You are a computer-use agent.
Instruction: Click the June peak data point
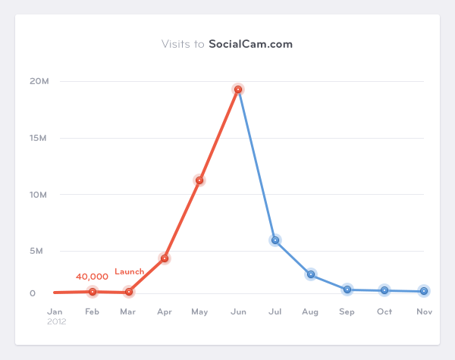(x=238, y=89)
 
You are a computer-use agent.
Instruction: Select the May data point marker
(x=199, y=180)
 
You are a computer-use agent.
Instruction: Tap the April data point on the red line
(x=164, y=258)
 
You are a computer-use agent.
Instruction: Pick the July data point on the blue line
(x=275, y=240)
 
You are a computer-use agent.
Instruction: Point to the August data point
(x=311, y=274)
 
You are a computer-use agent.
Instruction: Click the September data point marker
(x=347, y=290)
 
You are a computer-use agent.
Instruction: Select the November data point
(x=423, y=291)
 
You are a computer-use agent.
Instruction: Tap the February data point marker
(x=93, y=292)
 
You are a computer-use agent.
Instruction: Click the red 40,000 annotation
(x=92, y=277)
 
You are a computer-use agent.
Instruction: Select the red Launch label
(x=129, y=271)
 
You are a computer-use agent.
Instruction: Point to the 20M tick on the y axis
(x=39, y=81)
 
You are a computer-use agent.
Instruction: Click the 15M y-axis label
(x=39, y=138)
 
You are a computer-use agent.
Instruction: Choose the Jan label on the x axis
(x=55, y=311)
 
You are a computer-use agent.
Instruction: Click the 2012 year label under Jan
(x=56, y=321)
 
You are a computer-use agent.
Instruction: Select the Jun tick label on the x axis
(x=238, y=311)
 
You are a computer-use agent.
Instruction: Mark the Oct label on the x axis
(x=384, y=311)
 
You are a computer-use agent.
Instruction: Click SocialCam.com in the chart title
(x=250, y=44)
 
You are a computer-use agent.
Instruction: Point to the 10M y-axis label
(x=39, y=195)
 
